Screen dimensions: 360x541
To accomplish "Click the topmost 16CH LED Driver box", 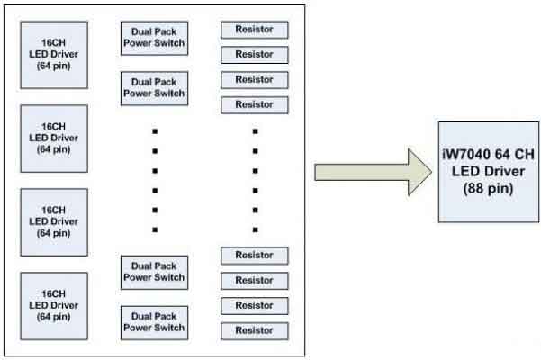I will [54, 55].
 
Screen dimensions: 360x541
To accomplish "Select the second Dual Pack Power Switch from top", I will [153, 87].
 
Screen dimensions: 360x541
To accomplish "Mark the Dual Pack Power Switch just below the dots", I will [153, 271].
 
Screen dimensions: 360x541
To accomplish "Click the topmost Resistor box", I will [254, 30].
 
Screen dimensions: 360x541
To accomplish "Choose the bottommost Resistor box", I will [254, 330].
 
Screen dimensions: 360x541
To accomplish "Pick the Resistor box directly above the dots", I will [254, 104].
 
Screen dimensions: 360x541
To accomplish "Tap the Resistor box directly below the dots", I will [254, 255].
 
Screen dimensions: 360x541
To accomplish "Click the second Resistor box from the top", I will [254, 55].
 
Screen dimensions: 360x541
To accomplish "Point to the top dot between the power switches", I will [155, 131].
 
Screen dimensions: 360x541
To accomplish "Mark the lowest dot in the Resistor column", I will [255, 229].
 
